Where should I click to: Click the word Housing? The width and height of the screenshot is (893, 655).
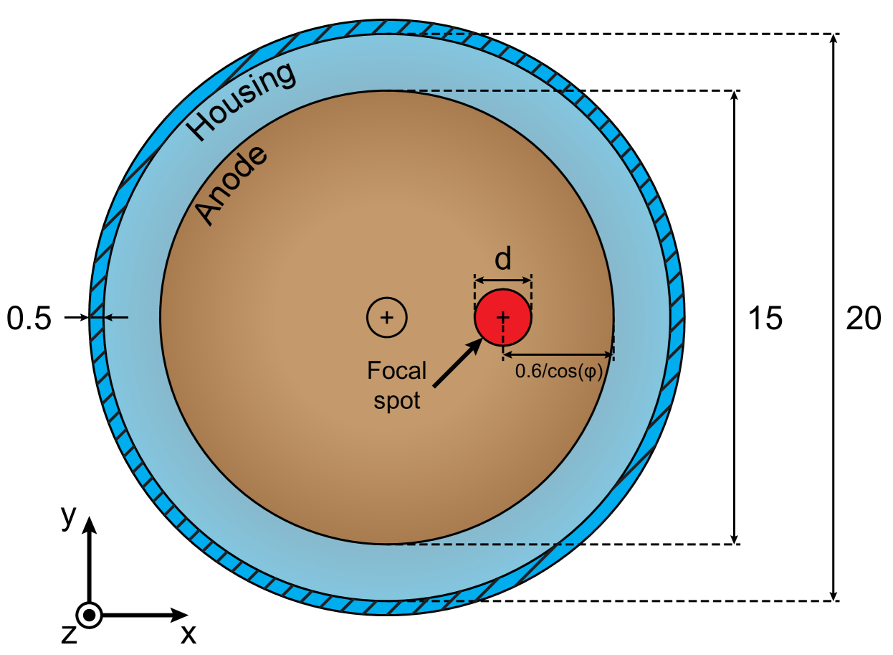241,100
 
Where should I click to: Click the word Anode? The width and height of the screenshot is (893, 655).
231,184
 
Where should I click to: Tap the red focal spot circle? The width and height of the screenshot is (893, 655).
503,317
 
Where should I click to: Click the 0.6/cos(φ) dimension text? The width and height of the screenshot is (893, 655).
559,372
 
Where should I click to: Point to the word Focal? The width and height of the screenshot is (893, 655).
396,371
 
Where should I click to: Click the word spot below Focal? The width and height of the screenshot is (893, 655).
396,400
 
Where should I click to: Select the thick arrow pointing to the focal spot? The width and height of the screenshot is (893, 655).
457,364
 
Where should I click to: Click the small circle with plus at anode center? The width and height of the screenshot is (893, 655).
387,317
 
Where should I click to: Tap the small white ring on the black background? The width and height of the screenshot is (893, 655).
89,615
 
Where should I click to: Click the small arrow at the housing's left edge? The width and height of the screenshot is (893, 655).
116,317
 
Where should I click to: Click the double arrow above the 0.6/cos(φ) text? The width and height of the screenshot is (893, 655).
558,354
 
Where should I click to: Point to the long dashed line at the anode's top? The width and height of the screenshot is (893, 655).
487,91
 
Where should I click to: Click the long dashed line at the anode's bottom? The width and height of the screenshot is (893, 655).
487,544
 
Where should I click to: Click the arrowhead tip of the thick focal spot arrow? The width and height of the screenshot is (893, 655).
481,340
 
